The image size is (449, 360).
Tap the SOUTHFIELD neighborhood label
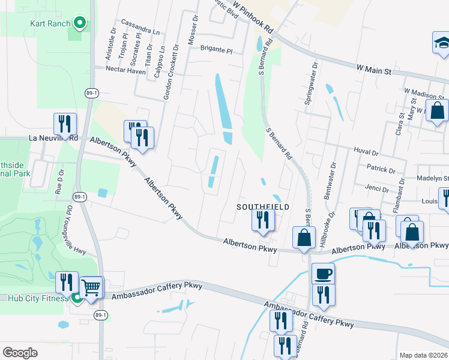click(x=262, y=206)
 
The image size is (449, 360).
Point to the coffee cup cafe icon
click(x=324, y=274)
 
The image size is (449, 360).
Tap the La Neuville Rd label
click(x=53, y=138)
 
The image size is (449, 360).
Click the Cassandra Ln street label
click(x=140, y=31)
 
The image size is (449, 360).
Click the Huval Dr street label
click(x=366, y=153)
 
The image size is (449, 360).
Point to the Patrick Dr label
click(x=381, y=169)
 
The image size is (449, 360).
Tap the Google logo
click(x=20, y=352)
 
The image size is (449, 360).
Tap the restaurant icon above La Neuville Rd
click(x=64, y=124)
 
